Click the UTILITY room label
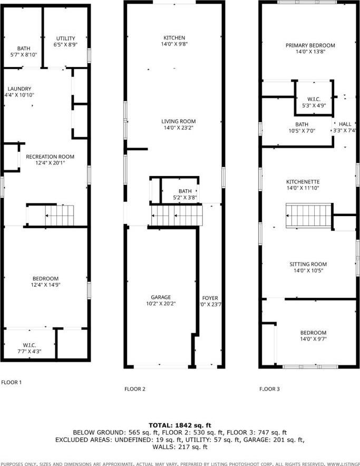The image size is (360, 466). (66, 38)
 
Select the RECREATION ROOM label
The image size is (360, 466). (50, 157)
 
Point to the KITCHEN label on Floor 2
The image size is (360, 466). (174, 38)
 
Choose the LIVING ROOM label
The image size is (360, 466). (178, 121)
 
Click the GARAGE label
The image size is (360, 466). (161, 297)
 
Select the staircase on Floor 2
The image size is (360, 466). (177, 215)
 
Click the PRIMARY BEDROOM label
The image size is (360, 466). (310, 45)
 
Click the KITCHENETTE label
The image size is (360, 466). (309, 182)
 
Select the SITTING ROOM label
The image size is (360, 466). (308, 264)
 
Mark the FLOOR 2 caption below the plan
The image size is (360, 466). (135, 389)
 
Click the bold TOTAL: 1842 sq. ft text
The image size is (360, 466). (180, 424)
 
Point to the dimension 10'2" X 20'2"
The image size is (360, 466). (161, 304)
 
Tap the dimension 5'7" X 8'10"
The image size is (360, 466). (24, 54)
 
